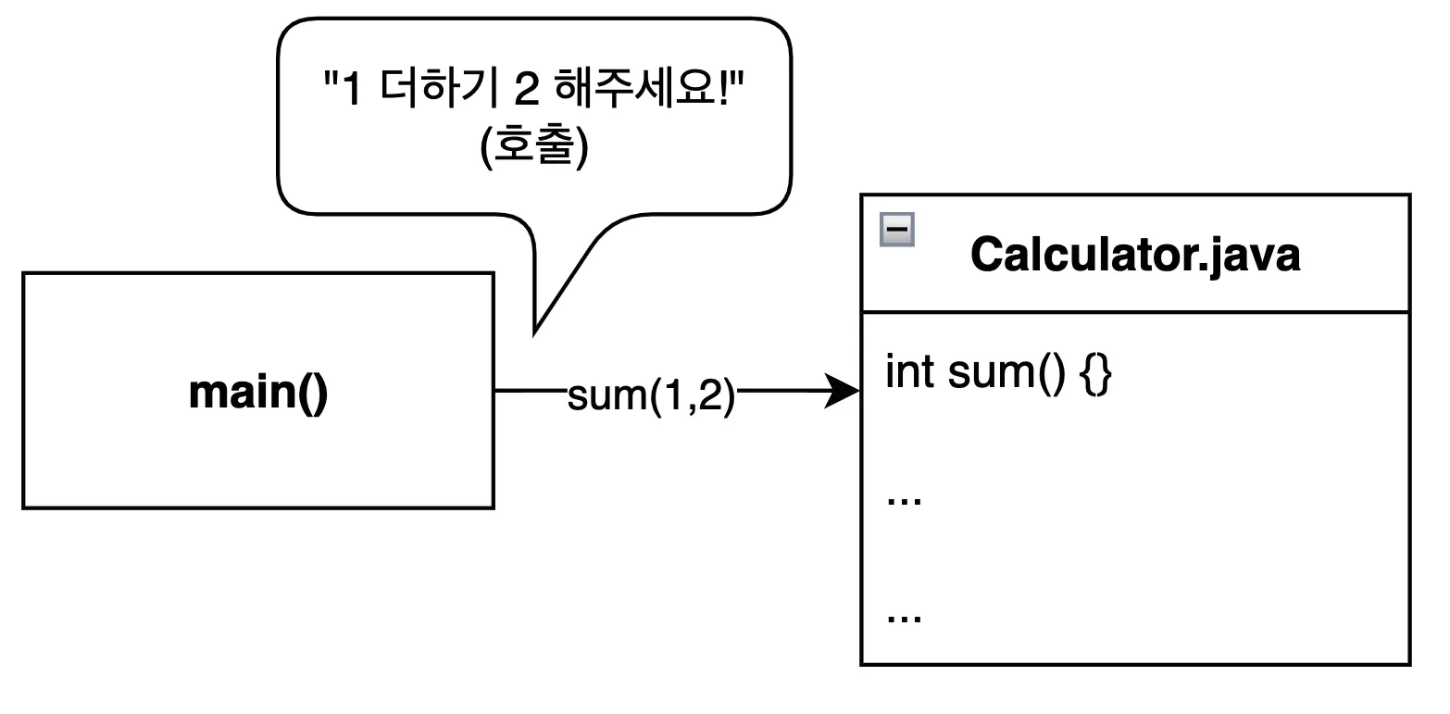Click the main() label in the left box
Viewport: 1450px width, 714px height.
point(258,392)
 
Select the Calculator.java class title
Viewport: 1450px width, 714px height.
point(1135,255)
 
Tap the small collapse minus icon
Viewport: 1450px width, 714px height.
point(897,230)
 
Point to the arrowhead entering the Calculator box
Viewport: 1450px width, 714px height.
point(845,392)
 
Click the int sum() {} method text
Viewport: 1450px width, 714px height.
point(998,373)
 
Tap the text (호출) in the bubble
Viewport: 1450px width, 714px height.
point(535,149)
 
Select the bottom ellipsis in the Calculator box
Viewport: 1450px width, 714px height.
point(904,618)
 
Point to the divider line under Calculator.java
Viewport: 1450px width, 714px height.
point(1135,312)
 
